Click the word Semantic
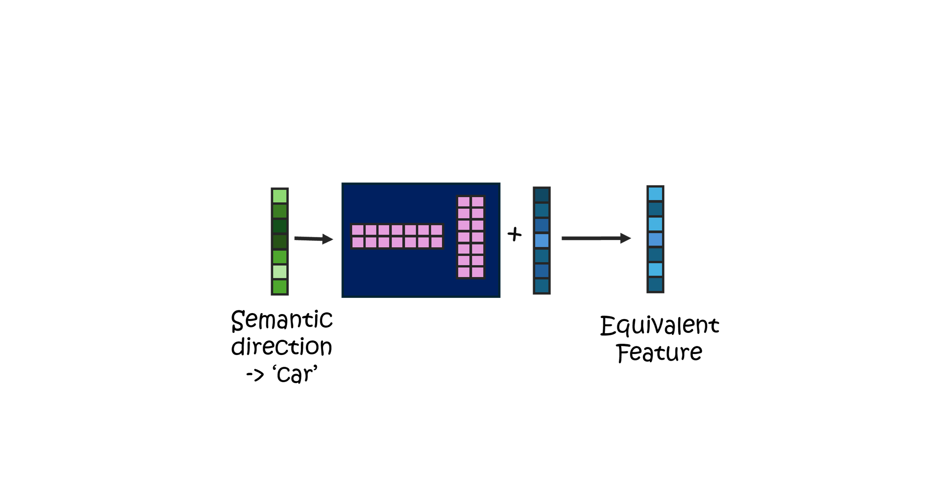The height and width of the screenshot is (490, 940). [282, 320]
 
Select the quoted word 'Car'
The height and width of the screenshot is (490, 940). [295, 374]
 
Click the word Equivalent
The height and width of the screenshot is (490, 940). [659, 326]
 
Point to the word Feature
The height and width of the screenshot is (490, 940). [659, 353]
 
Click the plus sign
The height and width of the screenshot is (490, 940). [515, 234]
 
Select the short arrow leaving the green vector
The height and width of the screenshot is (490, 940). [314, 239]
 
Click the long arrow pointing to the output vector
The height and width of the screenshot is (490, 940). [596, 238]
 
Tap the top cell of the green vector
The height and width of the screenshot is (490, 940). [280, 196]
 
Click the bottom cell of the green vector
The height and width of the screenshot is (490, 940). [280, 287]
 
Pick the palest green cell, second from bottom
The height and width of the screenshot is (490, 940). [280, 271]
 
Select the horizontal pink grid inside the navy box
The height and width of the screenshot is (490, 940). [397, 236]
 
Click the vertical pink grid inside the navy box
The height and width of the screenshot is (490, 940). [471, 237]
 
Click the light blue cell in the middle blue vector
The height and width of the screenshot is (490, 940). [542, 241]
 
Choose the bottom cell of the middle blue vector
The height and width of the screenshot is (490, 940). [542, 286]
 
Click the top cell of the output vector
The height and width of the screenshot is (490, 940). [656, 194]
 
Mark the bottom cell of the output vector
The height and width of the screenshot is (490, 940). [656, 284]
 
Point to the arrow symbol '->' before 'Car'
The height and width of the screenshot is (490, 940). [255, 375]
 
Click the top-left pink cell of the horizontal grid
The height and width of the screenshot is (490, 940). [358, 230]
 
